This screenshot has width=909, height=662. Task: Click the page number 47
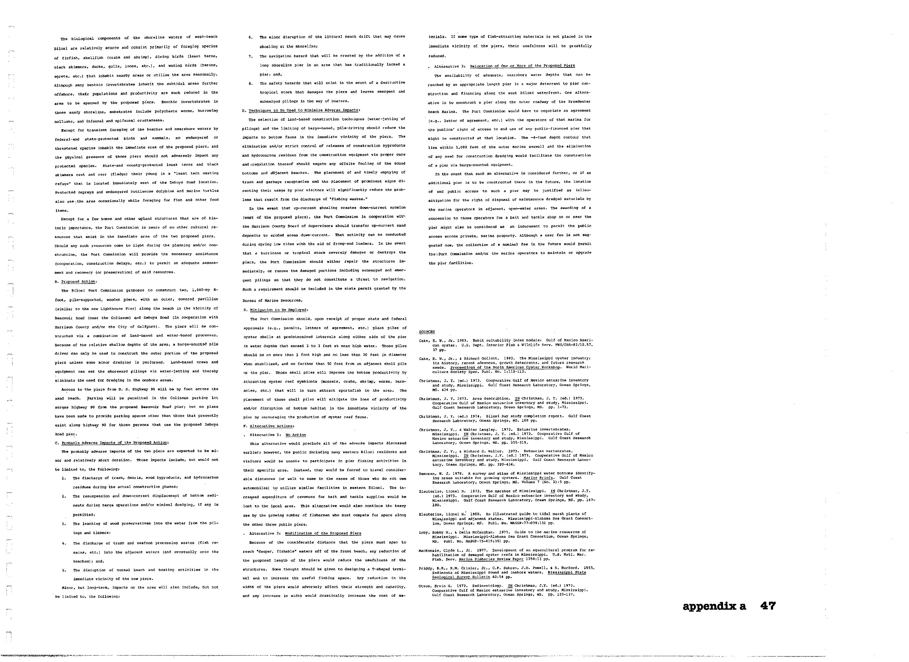768,606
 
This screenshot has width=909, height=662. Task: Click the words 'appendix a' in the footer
714,607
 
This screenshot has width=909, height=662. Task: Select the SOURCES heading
427,332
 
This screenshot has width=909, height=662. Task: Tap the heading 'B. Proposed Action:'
76,282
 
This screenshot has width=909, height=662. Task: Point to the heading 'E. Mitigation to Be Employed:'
276,310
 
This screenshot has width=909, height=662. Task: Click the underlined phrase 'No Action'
296,435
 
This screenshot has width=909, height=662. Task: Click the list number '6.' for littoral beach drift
250,37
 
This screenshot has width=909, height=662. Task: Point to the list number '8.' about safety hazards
250,83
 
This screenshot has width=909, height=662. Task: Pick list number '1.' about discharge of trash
64,478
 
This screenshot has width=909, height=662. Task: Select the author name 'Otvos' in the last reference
425,586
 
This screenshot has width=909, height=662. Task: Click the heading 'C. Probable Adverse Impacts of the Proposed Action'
112,443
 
